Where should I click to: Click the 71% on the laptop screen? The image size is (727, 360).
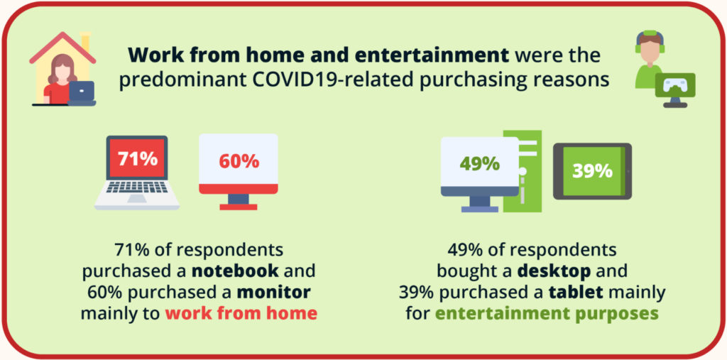coord(137,159)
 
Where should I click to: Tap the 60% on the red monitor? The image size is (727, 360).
coord(239,161)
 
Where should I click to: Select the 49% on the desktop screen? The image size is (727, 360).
coord(479,164)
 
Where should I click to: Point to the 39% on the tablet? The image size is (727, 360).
coord(592,171)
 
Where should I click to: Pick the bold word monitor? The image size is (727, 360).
coord(273,293)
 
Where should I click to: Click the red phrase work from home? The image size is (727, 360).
coord(241,313)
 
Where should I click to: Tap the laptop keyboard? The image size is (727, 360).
coord(137,187)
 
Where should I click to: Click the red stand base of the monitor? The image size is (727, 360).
coord(239,207)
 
